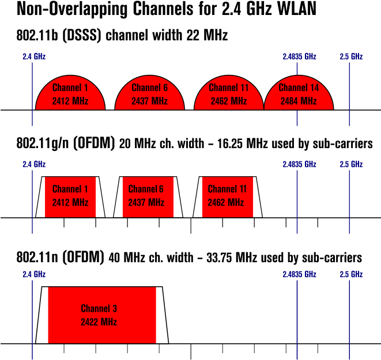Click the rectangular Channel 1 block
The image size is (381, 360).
pos(70,196)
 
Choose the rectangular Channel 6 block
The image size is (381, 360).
pos(148,196)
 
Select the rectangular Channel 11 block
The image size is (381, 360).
pos(227,196)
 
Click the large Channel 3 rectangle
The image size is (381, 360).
pos(102,315)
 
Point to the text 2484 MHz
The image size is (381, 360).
pos(299,101)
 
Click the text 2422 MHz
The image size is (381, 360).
pos(99,322)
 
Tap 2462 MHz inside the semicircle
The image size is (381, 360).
pos(229,101)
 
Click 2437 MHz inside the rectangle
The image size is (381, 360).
pos(146,203)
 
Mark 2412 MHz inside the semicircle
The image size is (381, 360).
pos(70,101)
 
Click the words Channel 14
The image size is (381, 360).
pos(299,88)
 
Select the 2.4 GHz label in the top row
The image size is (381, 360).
pos(34,56)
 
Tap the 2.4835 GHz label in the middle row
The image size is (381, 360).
pos(300,164)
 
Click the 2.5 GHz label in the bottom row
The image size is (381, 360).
pos(351,274)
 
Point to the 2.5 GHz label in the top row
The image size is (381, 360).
pos(351,56)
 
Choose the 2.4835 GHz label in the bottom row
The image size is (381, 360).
pos(300,274)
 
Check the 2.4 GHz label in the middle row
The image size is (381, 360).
pos(34,164)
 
